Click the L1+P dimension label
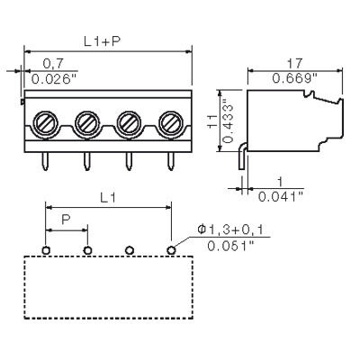click(102, 41)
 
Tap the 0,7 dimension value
click(53, 63)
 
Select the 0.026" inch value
click(54, 79)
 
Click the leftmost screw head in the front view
click(45, 123)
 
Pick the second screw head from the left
click(87, 123)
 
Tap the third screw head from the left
click(129, 123)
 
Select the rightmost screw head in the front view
click(171, 123)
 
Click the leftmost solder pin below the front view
click(45, 161)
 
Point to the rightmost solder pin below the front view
click(171, 161)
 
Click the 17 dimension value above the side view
click(294, 63)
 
